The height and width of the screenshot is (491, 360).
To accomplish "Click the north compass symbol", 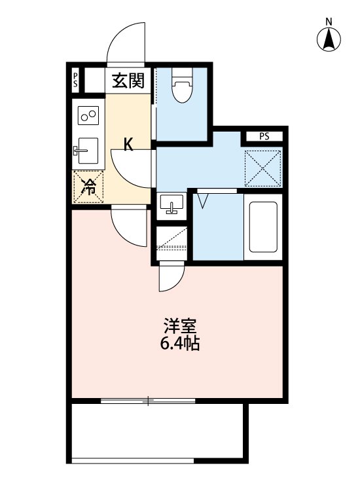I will (329, 39).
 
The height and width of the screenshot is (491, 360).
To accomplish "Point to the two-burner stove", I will (88, 117).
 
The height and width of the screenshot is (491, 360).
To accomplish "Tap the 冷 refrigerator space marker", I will (87, 187).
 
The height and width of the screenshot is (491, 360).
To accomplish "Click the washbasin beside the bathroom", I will (172, 205).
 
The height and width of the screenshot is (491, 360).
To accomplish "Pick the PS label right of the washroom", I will (263, 137).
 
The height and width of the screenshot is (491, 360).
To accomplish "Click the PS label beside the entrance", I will (76, 81).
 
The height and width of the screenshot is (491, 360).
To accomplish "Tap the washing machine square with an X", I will (263, 167).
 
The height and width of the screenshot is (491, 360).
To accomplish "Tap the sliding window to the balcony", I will (149, 399).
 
